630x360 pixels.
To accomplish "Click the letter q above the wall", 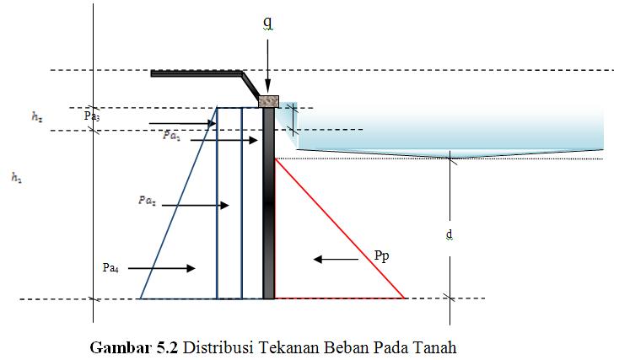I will click(x=267, y=23).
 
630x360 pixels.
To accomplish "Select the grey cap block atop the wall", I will click(x=268, y=101).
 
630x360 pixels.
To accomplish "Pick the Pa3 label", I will click(x=92, y=116).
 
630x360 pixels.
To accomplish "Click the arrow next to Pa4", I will click(x=160, y=268).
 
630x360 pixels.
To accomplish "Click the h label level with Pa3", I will click(x=37, y=119).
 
